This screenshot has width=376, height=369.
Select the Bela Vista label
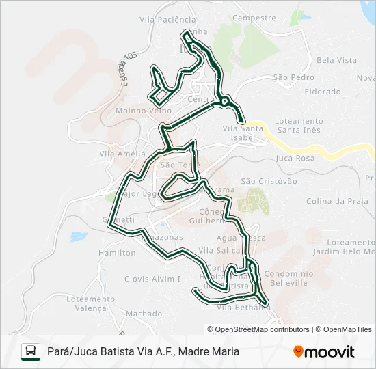[x=336, y=60]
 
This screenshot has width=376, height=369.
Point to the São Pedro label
[x=294, y=77]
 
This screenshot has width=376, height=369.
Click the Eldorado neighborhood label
[x=323, y=91]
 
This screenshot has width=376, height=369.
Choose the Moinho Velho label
[x=144, y=110]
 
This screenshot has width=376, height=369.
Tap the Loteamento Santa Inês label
[x=299, y=125]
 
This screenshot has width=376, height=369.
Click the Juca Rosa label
[x=295, y=158]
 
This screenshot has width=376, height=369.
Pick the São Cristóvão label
[x=269, y=181]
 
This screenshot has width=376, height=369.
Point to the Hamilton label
[x=117, y=252]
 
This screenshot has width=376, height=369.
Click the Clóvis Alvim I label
[x=152, y=279]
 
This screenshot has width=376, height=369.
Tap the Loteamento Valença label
[x=91, y=303]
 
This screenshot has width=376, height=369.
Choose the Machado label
[x=144, y=314]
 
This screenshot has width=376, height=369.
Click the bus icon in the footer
[x=31, y=351]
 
